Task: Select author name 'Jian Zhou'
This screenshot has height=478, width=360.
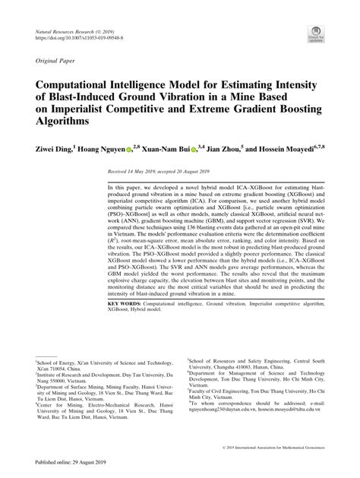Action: (x=222, y=150)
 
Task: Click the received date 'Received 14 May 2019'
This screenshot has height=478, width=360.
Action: (x=134, y=173)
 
